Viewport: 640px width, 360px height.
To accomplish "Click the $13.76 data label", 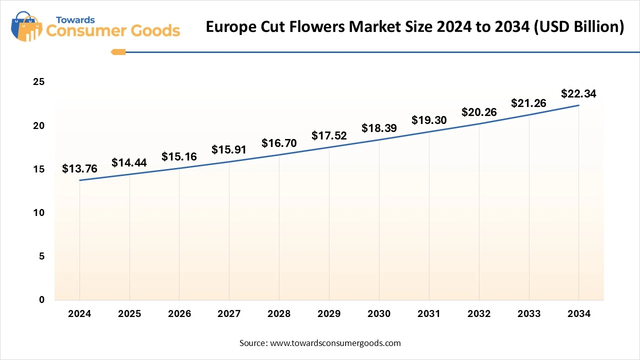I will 79,169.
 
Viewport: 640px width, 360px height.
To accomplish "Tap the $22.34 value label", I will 578,93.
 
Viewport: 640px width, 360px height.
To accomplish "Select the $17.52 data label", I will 329,135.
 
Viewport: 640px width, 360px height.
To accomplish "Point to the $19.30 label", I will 429,120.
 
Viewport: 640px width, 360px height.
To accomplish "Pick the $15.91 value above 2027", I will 229,149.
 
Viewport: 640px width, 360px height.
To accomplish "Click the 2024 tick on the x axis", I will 79,314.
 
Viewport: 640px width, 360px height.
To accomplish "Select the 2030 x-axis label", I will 379,314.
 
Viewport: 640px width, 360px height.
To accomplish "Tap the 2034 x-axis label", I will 578,314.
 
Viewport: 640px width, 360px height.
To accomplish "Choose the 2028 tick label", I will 279,314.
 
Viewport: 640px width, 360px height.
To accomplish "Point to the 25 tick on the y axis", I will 39,82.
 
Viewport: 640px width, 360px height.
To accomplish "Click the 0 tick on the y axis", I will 42,300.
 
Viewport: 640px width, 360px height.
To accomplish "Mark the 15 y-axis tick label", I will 39,169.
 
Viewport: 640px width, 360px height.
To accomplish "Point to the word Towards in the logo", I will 75,20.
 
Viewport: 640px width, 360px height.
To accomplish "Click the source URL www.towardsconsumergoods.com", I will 335,343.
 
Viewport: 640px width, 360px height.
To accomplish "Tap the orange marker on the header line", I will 118,51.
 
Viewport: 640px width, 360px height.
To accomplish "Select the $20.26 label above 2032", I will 479,112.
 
